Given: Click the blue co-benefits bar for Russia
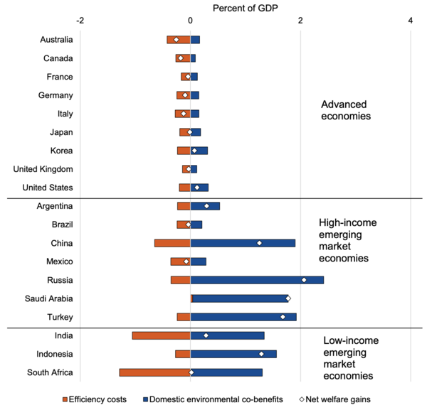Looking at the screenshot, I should pos(257,280).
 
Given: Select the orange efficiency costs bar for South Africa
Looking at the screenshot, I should pos(154,372).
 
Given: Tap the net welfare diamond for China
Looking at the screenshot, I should pos(260,243).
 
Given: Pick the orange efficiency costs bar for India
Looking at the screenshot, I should pos(161,335).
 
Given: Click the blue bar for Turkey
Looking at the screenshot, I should pos(243,317).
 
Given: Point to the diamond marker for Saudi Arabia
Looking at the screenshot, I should pos(288,298).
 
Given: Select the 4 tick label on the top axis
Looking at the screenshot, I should pos(411,20).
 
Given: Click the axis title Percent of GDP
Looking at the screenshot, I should pos(246,7).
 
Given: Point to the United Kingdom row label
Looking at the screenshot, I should pos(43,169).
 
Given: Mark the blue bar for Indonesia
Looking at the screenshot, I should pos(233,354).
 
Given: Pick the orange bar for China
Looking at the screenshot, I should pos(172,243).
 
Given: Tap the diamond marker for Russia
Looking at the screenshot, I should pos(304,280).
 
